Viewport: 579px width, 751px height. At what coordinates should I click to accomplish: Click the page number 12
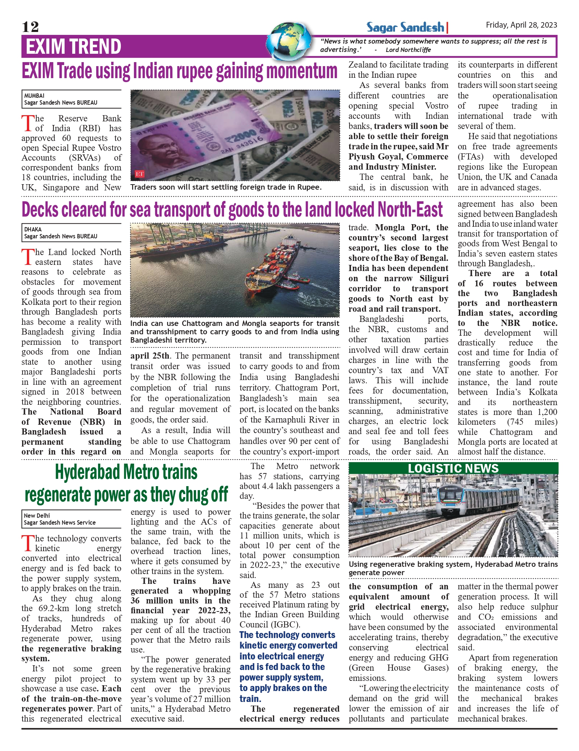tap(30, 27)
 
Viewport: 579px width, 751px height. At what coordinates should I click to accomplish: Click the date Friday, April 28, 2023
tap(521, 25)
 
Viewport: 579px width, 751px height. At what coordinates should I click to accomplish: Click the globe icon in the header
tap(289, 41)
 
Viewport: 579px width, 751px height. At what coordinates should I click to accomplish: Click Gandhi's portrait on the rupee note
tap(155, 151)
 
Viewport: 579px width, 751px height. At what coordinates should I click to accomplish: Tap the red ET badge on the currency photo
tap(140, 174)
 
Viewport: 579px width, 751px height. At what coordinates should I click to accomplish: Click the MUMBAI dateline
tap(34, 96)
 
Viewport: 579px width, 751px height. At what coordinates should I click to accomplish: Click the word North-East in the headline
tap(410, 210)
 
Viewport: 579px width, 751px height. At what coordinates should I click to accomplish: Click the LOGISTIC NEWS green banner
tap(453, 468)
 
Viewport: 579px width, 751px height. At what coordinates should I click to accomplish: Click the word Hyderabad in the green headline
tap(88, 473)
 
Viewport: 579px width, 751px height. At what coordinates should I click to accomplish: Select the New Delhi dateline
tap(37, 516)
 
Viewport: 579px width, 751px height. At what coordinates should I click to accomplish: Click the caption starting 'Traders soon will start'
tap(226, 187)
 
